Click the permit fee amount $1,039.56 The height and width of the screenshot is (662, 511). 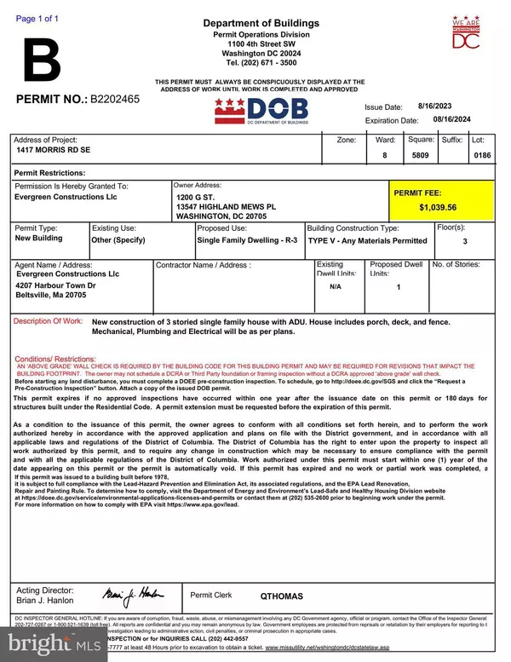(444, 207)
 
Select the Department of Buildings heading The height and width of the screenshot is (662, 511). (261, 23)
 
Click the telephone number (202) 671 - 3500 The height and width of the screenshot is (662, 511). (261, 62)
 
